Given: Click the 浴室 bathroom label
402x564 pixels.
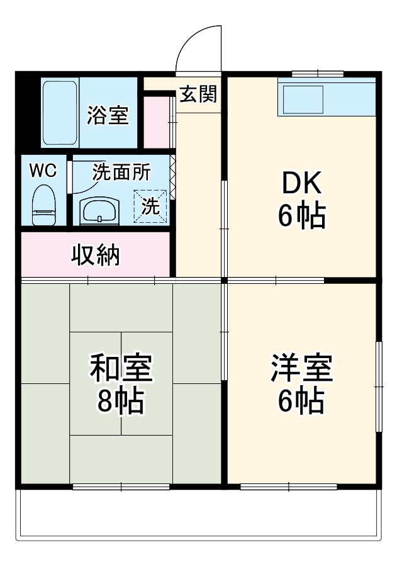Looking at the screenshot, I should [108, 116].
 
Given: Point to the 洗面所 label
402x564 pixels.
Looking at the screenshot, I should [122, 172].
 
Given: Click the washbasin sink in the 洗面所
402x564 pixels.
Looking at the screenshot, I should [98, 210].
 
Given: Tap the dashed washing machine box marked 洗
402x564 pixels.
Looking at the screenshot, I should [150, 206].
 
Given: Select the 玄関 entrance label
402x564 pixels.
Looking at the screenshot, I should [198, 94].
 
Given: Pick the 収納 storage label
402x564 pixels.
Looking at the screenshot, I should [95, 255].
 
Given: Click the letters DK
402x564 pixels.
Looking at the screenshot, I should [301, 184].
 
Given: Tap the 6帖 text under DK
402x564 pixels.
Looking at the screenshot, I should [301, 217].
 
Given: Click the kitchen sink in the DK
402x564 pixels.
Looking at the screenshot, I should [302, 99].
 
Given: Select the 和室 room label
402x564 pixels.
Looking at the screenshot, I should [121, 368].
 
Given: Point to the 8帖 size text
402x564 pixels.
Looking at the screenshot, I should [121, 401].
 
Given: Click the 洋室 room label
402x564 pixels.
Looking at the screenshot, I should [301, 368].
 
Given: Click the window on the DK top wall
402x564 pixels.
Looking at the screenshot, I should [317, 74].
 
